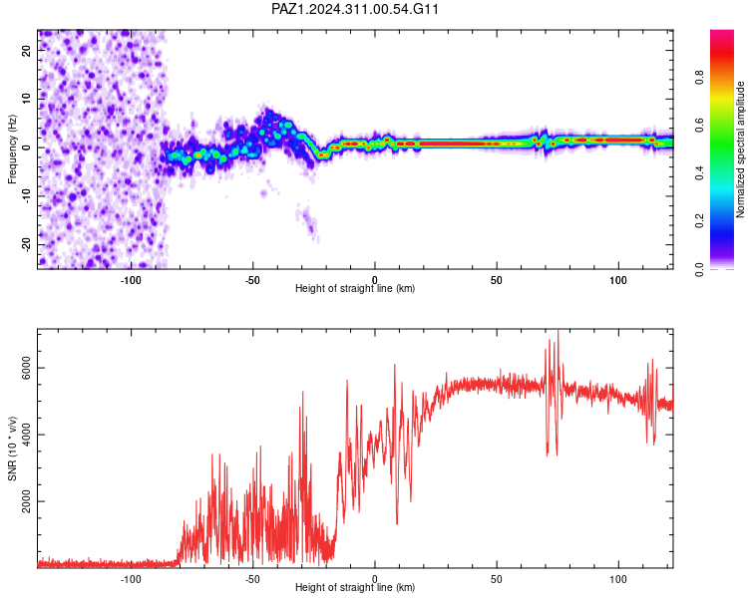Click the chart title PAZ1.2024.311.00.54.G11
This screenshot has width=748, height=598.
click(x=354, y=9)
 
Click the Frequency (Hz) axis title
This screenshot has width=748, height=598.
click(x=12, y=149)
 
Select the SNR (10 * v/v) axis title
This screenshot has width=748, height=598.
click(x=12, y=448)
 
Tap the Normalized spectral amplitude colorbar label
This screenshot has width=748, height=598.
click(x=740, y=149)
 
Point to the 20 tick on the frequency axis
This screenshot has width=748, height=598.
click(x=26, y=51)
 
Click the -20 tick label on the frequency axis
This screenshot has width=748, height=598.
click(x=26, y=244)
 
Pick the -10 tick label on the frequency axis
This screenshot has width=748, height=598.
click(x=26, y=196)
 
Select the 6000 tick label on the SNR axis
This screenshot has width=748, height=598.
click(x=26, y=368)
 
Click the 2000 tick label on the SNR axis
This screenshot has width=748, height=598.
click(x=26, y=501)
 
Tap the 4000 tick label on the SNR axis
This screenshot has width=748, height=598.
click(x=26, y=435)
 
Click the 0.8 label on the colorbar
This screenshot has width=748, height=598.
click(x=699, y=77)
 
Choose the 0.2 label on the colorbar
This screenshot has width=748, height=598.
click(x=699, y=221)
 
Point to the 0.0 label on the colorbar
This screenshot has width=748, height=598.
click(x=699, y=269)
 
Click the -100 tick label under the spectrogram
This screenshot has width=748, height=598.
click(x=131, y=280)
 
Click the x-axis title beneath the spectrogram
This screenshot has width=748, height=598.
click(x=355, y=288)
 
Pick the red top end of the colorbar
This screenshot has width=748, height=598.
click(x=722, y=33)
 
